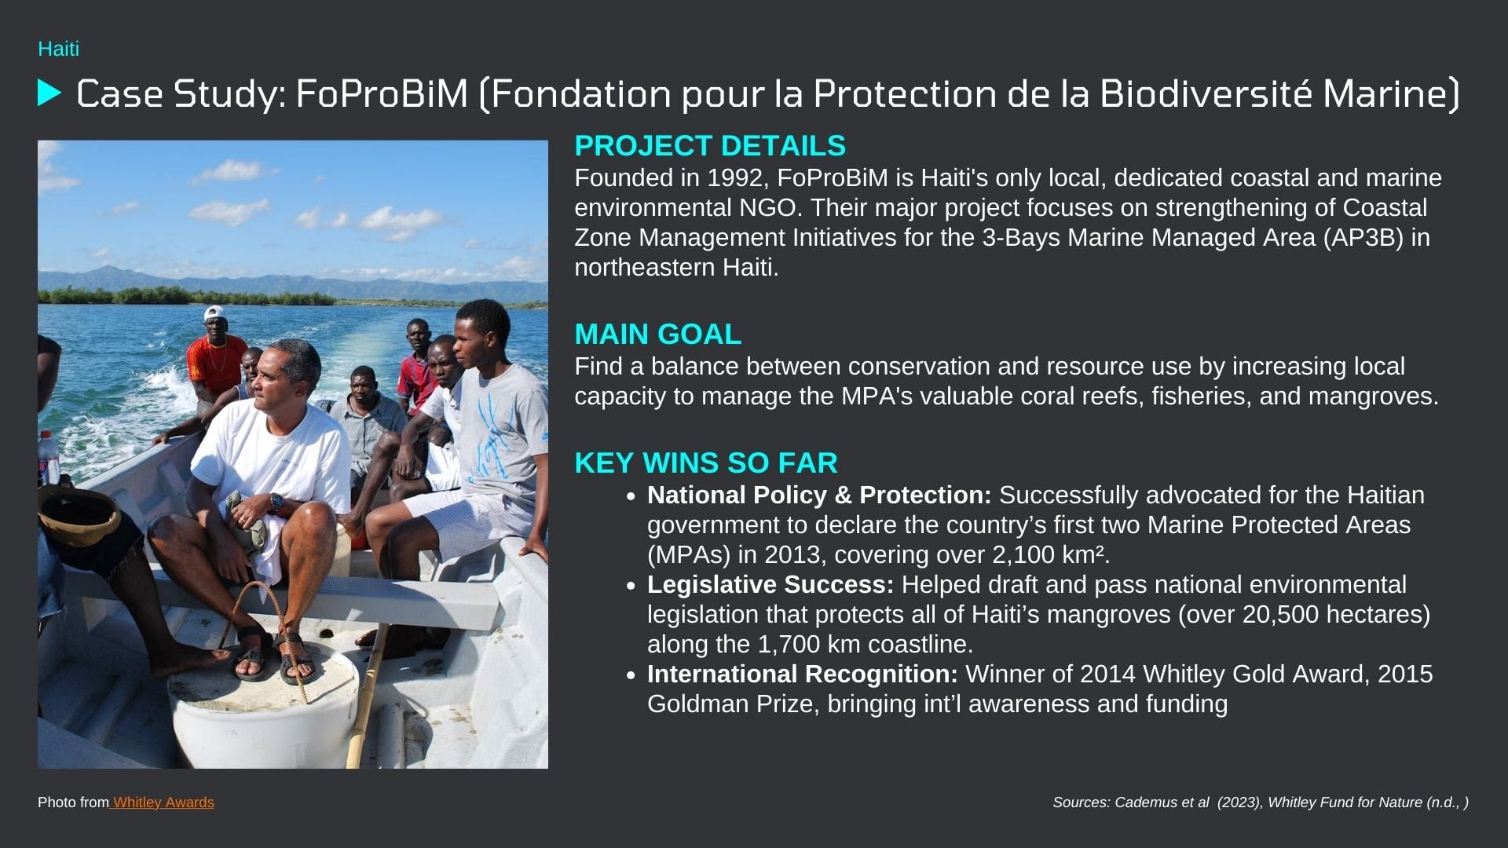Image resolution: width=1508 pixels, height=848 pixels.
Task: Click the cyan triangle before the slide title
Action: pyautogui.click(x=49, y=93)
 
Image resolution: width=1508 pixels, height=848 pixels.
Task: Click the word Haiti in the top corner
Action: pyautogui.click(x=58, y=49)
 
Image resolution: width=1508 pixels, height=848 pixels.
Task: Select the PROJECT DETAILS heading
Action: pyautogui.click(x=710, y=146)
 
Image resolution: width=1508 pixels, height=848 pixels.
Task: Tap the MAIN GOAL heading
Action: pyautogui.click(x=657, y=334)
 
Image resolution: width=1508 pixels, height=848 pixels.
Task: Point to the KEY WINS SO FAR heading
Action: pyautogui.click(x=706, y=463)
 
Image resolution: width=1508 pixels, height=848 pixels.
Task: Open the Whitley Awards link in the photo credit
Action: pyautogui.click(x=163, y=802)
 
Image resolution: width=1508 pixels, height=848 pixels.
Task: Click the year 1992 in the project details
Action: pyautogui.click(x=735, y=178)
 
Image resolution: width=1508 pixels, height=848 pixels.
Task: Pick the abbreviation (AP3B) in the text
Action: pyautogui.click(x=1363, y=238)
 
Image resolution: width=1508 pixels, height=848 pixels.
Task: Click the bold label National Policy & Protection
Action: pyautogui.click(x=819, y=495)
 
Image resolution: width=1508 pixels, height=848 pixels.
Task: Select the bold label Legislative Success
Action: pyautogui.click(x=770, y=585)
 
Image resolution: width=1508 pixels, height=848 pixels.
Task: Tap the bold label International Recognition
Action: pyautogui.click(x=803, y=674)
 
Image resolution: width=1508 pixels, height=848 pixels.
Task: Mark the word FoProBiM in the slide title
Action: pyautogui.click(x=382, y=93)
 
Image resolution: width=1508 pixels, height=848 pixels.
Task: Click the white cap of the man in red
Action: pyautogui.click(x=214, y=313)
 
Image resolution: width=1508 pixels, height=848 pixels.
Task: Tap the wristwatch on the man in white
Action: pyautogui.click(x=276, y=503)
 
